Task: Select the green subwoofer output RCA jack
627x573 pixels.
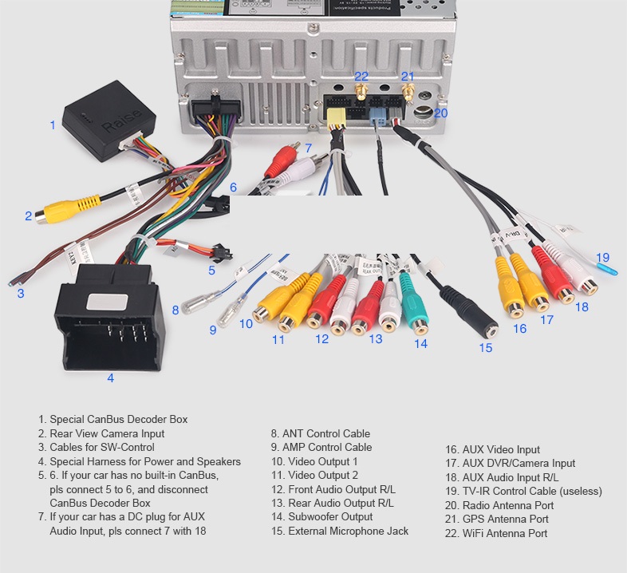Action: pos(416,314)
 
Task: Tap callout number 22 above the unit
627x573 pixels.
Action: pos(361,77)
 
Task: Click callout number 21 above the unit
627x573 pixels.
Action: pos(408,77)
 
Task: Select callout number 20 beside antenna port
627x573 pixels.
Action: pos(441,113)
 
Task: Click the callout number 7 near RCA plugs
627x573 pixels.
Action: pos(308,148)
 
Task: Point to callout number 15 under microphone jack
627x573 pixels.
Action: pos(485,348)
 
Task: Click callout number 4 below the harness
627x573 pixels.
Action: pos(110,378)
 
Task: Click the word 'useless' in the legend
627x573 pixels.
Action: pos(578,491)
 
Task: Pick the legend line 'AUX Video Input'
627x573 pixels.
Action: pos(493,449)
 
